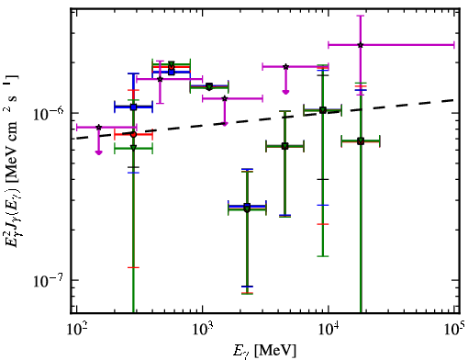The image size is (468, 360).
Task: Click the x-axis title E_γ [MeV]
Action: point(264,351)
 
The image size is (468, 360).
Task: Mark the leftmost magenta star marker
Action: point(98,127)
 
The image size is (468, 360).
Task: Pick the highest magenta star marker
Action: point(361,45)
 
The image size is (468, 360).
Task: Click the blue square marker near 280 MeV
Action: point(133,107)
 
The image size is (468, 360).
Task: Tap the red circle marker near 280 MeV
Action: point(133,134)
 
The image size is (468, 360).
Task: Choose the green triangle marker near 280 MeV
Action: point(133,148)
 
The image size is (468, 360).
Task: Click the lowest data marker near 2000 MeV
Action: point(247,209)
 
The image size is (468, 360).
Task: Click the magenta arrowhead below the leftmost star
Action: point(98,152)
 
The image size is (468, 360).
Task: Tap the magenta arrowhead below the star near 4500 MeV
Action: point(285,92)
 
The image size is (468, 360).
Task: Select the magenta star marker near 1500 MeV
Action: point(225,98)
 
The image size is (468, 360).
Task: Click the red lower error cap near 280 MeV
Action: point(133,267)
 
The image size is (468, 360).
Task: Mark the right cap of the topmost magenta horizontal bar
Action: point(454,45)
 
